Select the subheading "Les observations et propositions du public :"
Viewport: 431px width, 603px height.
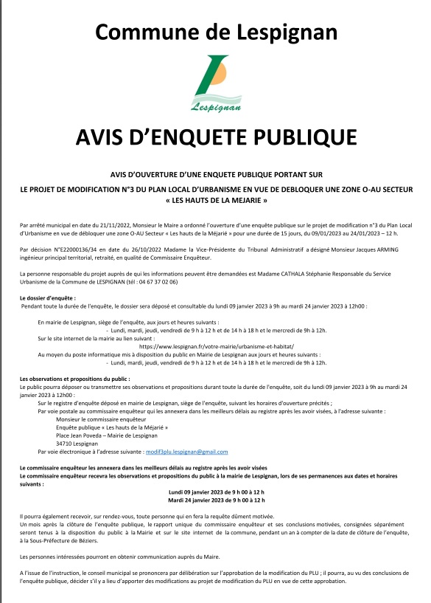tap(75, 378)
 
